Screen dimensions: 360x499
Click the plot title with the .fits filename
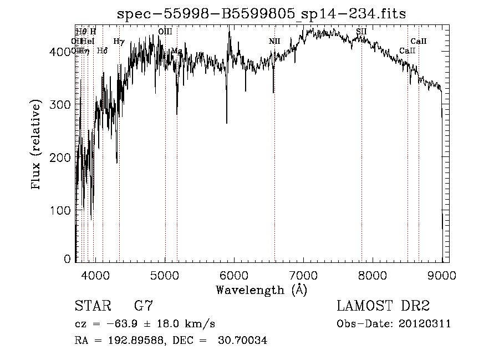(x=261, y=14)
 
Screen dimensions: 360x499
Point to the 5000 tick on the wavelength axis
(x=165, y=275)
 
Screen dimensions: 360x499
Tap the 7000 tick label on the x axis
(x=303, y=275)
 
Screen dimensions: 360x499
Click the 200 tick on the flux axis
(x=63, y=158)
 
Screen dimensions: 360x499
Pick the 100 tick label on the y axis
(x=63, y=210)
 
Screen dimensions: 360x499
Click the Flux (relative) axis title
(x=37, y=145)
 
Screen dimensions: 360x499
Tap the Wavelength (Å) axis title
(x=261, y=290)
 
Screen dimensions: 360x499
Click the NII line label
(x=274, y=42)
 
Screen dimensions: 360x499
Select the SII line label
(x=361, y=32)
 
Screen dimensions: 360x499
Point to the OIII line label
(x=165, y=32)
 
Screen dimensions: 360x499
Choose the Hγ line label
(x=119, y=42)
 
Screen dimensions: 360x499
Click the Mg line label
(x=176, y=51)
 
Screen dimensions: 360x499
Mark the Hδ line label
(x=102, y=51)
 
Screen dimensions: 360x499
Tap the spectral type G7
(x=144, y=306)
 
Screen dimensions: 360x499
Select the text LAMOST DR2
(x=383, y=306)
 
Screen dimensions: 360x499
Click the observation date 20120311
(x=427, y=324)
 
